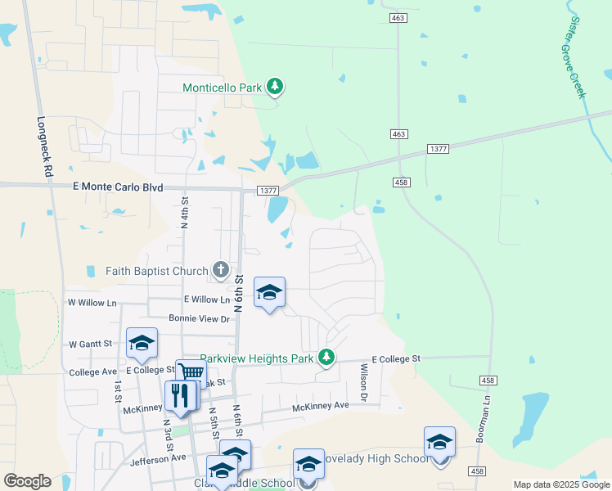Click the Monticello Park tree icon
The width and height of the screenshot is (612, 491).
[276, 86]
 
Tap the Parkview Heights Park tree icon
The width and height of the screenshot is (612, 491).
[326, 357]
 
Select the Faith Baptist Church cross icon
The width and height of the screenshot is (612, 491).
[220, 268]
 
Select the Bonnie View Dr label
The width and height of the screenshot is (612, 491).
[200, 318]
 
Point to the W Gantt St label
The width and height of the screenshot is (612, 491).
[90, 345]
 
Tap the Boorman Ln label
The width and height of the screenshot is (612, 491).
[485, 425]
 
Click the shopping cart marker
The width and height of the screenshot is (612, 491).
[190, 372]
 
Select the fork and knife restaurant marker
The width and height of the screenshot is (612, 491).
[179, 395]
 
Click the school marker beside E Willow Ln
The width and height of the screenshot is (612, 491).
[269, 292]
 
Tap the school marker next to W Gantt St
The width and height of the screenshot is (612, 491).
[142, 343]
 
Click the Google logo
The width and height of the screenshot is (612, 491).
[27, 481]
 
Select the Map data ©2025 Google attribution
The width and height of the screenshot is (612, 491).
[561, 484]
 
